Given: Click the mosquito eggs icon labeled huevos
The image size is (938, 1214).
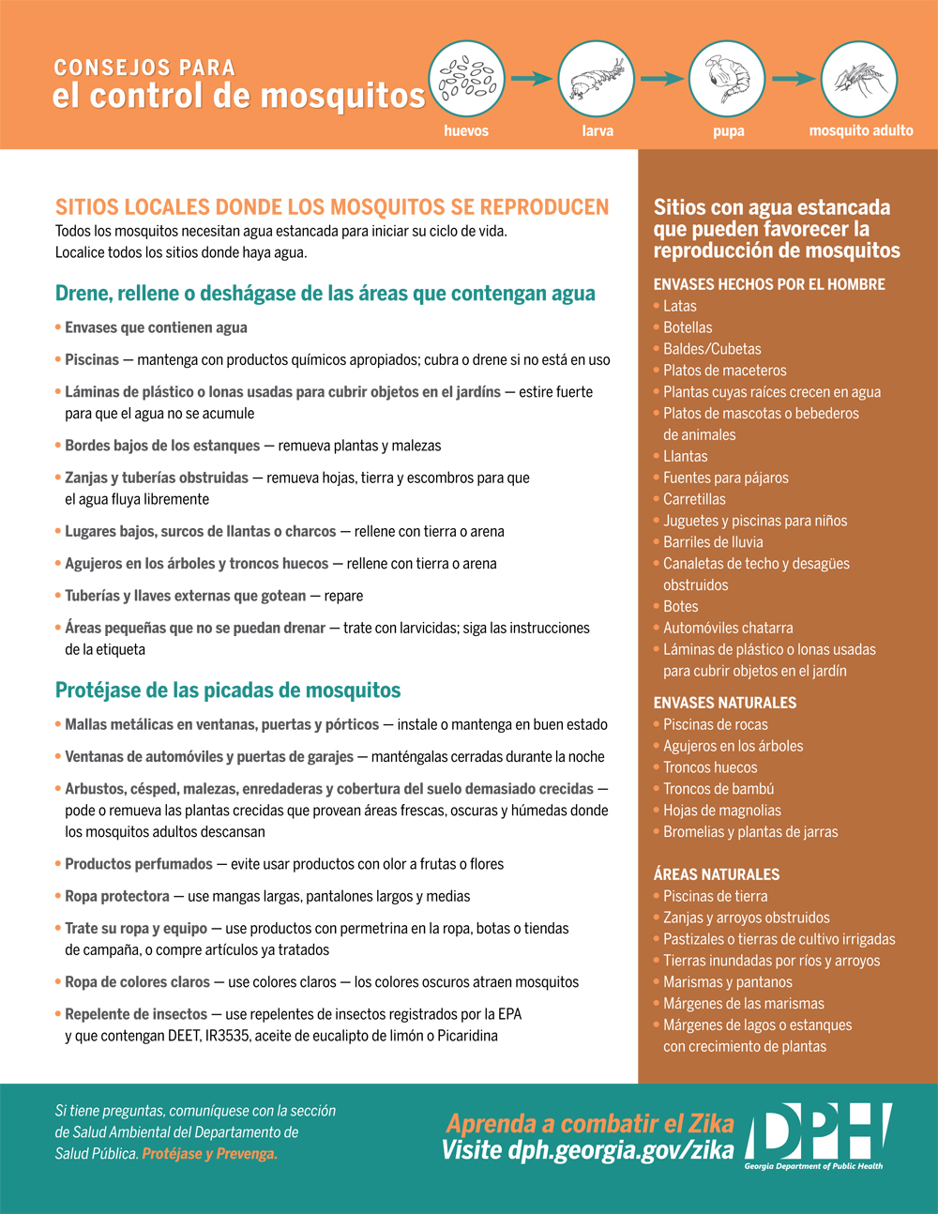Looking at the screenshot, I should (x=466, y=80).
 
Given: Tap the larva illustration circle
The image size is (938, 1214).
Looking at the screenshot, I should (x=597, y=80).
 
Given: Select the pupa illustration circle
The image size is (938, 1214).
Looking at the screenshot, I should (x=727, y=80).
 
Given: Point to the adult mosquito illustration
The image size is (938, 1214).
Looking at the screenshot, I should (x=858, y=80).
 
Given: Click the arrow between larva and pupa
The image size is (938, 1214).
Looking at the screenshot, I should (x=662, y=80).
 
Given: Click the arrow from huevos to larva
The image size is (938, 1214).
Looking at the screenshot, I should (x=531, y=80).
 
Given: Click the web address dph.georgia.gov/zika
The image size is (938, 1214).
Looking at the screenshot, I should (x=621, y=1150).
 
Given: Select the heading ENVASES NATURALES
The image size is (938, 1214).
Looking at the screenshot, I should (x=725, y=703).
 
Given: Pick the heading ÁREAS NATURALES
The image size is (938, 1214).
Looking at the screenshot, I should (x=717, y=874).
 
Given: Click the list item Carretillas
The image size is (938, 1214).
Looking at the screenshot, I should (x=694, y=499).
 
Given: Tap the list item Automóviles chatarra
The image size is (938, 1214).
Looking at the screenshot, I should (x=728, y=628).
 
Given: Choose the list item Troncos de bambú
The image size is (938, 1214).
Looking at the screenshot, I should (x=719, y=789).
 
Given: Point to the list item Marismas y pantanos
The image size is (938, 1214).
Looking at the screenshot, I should (x=728, y=982).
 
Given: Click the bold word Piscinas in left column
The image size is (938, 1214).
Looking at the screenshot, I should (x=92, y=359).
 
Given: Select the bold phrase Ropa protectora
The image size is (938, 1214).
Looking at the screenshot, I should (x=117, y=896).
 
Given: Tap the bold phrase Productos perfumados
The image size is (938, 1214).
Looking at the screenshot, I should (x=139, y=864).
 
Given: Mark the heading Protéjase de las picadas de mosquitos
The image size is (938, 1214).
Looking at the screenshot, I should (x=228, y=690).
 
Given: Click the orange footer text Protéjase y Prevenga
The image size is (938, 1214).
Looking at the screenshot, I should (x=210, y=1154).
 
